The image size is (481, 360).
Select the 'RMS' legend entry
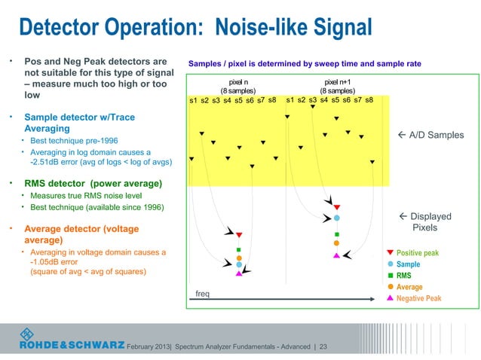pyautogui.click(x=403, y=276)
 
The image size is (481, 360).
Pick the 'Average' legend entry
pyautogui.click(x=409, y=287)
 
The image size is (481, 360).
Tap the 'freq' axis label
pyautogui.click(x=202, y=294)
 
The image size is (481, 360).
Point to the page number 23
pyautogui.click(x=323, y=346)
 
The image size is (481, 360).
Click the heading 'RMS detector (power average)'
pyautogui.click(x=94, y=182)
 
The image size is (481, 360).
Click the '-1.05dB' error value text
pyautogui.click(x=47, y=262)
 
